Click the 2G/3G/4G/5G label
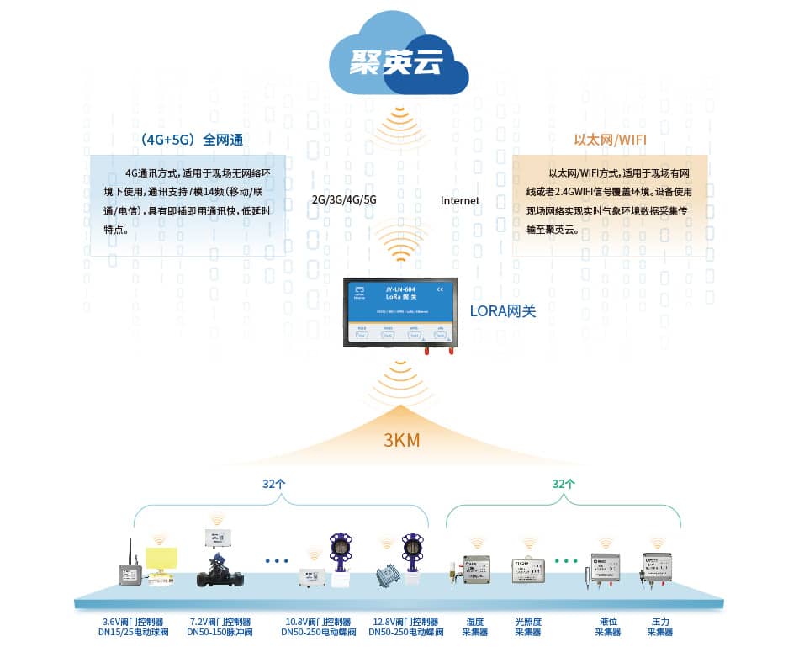(344, 200)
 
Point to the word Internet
(460, 200)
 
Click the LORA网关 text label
(502, 311)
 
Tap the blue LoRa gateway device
(400, 312)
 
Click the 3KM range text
(401, 440)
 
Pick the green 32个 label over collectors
(564, 484)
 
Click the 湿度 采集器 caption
(475, 627)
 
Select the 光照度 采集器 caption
(528, 627)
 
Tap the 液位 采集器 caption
(607, 627)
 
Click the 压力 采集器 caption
(660, 627)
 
